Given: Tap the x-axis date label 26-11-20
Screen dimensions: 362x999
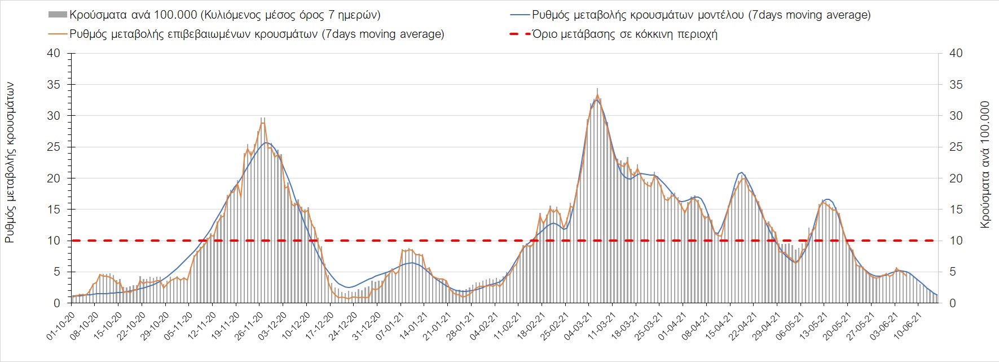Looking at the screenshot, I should [249, 326].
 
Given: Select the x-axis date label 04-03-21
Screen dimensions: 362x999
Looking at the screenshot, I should [579, 326].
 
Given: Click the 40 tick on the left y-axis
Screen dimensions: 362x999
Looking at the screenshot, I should [54, 54].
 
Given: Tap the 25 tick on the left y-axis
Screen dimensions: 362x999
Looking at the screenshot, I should [54, 147].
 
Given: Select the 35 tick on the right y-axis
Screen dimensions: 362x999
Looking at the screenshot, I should [956, 85].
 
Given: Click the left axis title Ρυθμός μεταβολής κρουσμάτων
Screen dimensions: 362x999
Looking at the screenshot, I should [10, 163].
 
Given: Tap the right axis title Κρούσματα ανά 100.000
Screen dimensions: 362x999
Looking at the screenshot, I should [985, 165].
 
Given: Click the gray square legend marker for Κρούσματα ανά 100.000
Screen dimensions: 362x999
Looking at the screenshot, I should [58, 15].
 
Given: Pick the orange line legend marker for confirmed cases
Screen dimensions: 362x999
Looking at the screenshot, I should [58, 34].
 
